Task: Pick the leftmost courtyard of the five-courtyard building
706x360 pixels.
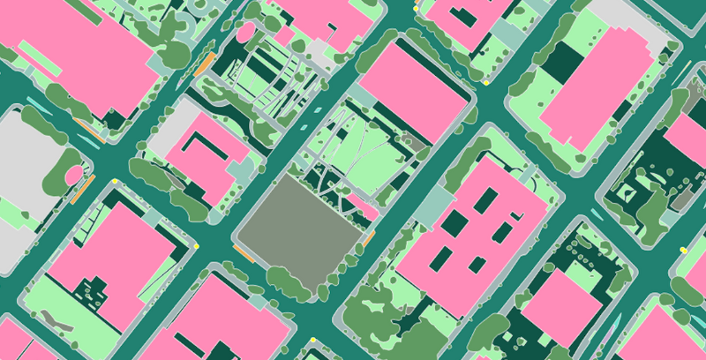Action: click(x=441, y=257)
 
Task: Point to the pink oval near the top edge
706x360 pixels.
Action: click(x=246, y=34)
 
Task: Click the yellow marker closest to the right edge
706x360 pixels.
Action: click(x=683, y=251)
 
